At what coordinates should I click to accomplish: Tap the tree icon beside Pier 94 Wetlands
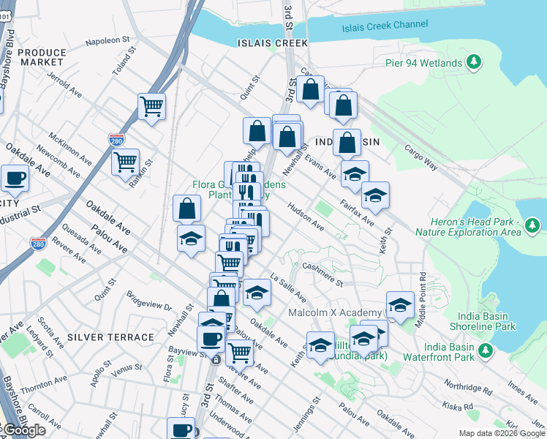pyautogui.click(x=475, y=61)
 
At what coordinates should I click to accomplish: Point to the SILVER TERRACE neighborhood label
pyautogui.click(x=110, y=337)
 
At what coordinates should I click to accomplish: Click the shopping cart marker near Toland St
pyautogui.click(x=151, y=106)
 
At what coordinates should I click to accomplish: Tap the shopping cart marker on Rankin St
pyautogui.click(x=126, y=160)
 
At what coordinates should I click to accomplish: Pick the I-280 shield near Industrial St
pyautogui.click(x=39, y=242)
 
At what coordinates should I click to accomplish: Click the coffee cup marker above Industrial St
pyautogui.click(x=15, y=178)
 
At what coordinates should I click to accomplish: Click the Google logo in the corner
pyautogui.click(x=23, y=429)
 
